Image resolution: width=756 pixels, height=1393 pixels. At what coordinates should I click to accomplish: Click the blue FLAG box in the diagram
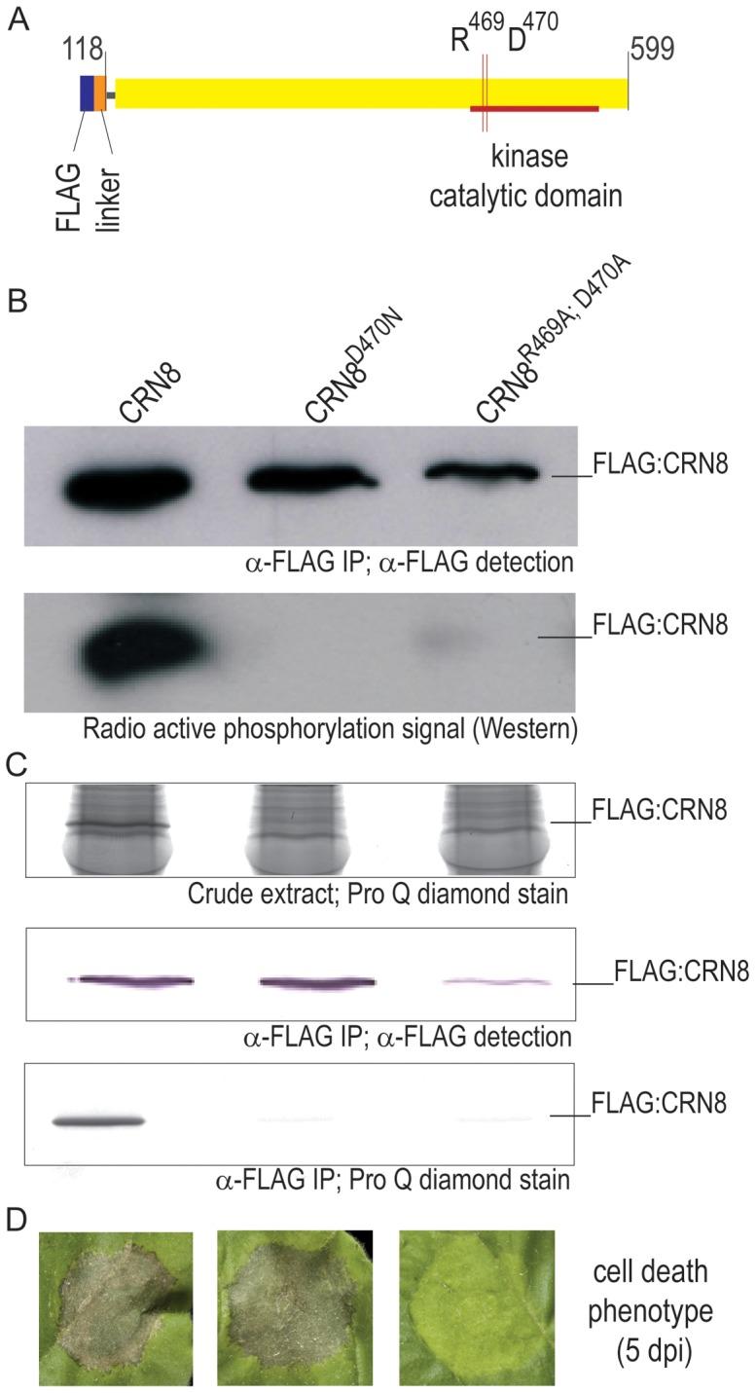[87, 92]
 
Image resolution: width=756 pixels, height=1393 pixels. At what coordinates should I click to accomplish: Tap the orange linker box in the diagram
[100, 92]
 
